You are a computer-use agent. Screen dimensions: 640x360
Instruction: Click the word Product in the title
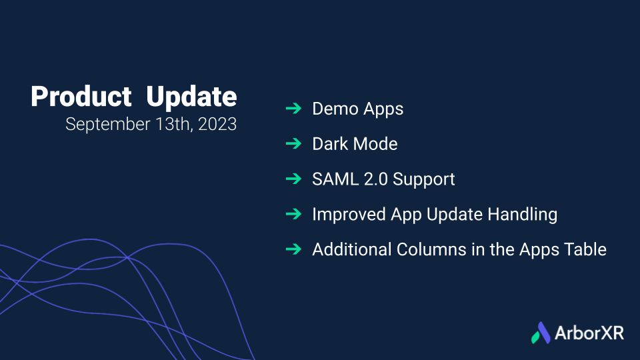click(x=81, y=97)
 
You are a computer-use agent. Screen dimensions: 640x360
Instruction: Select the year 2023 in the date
click(x=217, y=124)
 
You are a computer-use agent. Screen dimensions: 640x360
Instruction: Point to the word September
click(x=108, y=125)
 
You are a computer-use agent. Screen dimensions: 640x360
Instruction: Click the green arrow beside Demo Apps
click(x=293, y=109)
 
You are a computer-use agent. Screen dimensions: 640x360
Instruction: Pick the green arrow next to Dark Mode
click(x=293, y=144)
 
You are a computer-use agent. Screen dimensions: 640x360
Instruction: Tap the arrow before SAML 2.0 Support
click(x=293, y=179)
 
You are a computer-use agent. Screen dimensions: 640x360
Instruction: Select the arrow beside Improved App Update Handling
click(x=293, y=214)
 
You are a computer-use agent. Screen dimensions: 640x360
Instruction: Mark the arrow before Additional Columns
click(x=293, y=249)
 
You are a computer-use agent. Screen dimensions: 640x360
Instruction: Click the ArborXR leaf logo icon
click(x=541, y=333)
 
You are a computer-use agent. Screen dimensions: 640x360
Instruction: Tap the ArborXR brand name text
click(x=589, y=333)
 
